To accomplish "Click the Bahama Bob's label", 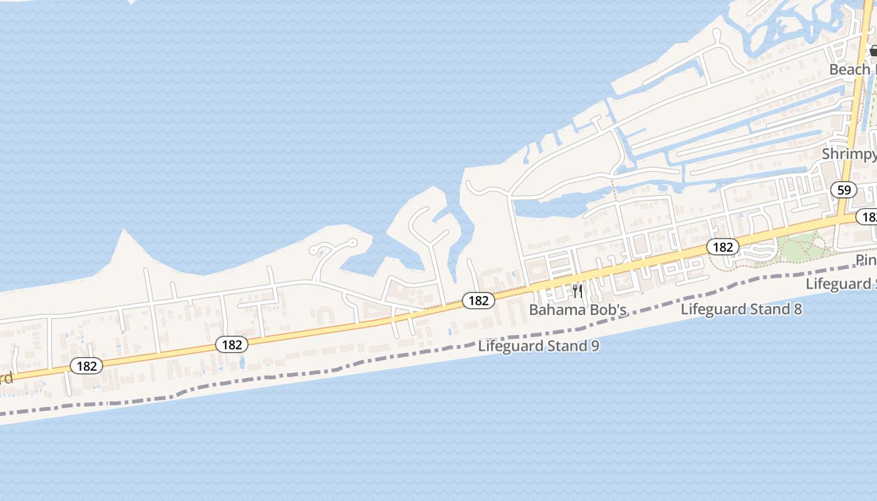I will tap(578, 309).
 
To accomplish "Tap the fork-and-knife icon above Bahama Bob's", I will tap(578, 291).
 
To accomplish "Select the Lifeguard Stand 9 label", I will tap(538, 346).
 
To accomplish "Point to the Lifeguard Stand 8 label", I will tap(741, 309).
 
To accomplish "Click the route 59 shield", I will tap(844, 189).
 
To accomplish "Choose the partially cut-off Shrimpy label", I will tap(849, 154).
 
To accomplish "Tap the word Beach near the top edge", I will tap(849, 70).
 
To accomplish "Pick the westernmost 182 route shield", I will tap(86, 366).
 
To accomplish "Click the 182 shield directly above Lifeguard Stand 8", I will tap(722, 247).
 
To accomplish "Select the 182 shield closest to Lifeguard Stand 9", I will tap(478, 301).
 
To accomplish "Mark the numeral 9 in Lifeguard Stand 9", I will tap(594, 346).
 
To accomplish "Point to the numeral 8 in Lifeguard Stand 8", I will tap(797, 309).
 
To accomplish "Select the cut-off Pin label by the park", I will tap(866, 260).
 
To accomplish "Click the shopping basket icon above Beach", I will tap(873, 51).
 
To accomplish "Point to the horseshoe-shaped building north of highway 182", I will tap(326, 314).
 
